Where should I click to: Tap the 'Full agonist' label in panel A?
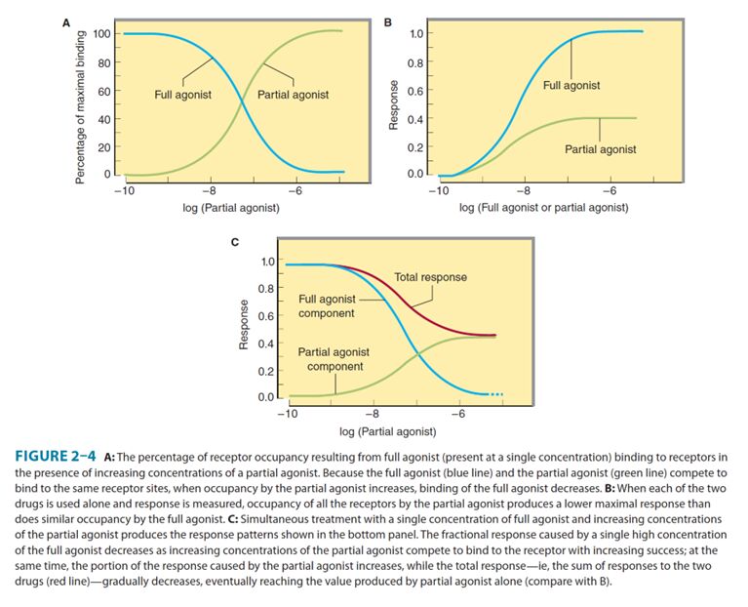click(183, 95)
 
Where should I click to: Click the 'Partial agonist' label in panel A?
click(293, 95)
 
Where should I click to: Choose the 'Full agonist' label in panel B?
click(571, 86)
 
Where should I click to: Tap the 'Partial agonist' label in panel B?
click(600, 149)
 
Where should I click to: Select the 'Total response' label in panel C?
click(430, 277)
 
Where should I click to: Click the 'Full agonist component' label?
click(327, 306)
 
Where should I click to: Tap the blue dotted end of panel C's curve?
click(495, 394)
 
